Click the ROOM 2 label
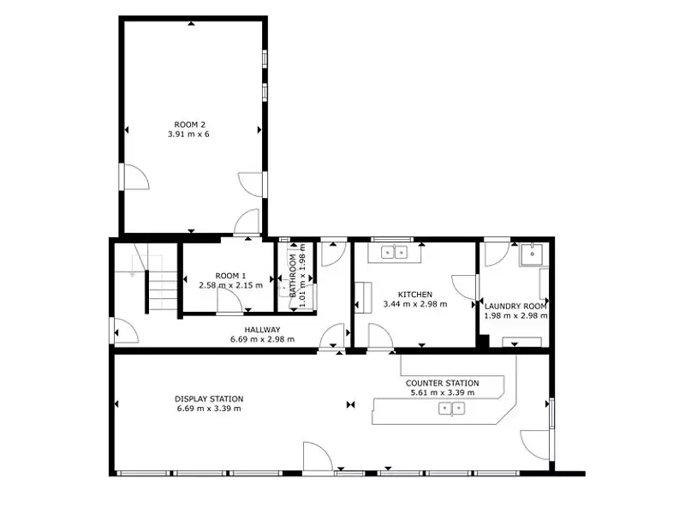tap(190, 123)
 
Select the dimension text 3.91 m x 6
tap(190, 134)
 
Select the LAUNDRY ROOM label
tap(515, 305)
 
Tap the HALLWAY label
tap(262, 330)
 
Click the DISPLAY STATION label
tap(209, 398)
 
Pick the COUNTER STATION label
tap(442, 383)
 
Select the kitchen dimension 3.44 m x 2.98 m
tap(414, 304)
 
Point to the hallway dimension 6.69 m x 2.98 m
tap(262, 339)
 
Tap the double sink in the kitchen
tap(395, 252)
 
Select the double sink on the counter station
tap(452, 409)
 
